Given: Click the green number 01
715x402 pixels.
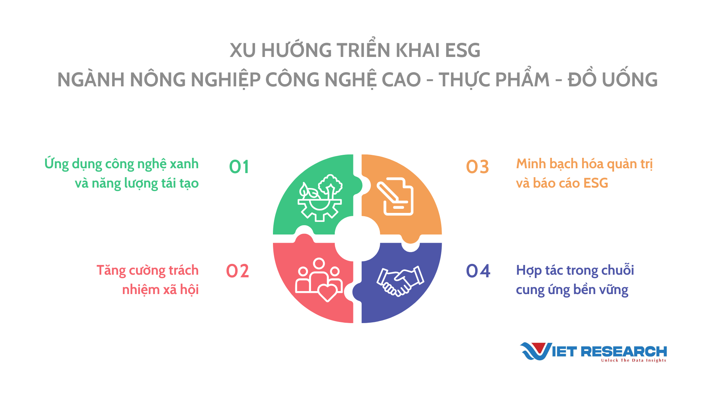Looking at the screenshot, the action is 239,167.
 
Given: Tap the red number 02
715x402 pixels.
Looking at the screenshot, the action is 238,271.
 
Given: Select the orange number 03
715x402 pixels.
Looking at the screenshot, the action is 477,167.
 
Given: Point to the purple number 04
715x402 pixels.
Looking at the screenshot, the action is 478,271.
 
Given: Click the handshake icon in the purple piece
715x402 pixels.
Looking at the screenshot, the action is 400,281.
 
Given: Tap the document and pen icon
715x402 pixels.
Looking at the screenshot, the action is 395,196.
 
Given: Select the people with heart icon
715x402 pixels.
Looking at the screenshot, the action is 319,280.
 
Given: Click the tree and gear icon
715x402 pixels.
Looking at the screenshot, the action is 320,198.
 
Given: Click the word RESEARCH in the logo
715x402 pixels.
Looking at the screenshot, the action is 624,351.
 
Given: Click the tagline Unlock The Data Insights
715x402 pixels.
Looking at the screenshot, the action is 633,360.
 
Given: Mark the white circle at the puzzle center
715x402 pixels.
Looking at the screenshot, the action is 357,239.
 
